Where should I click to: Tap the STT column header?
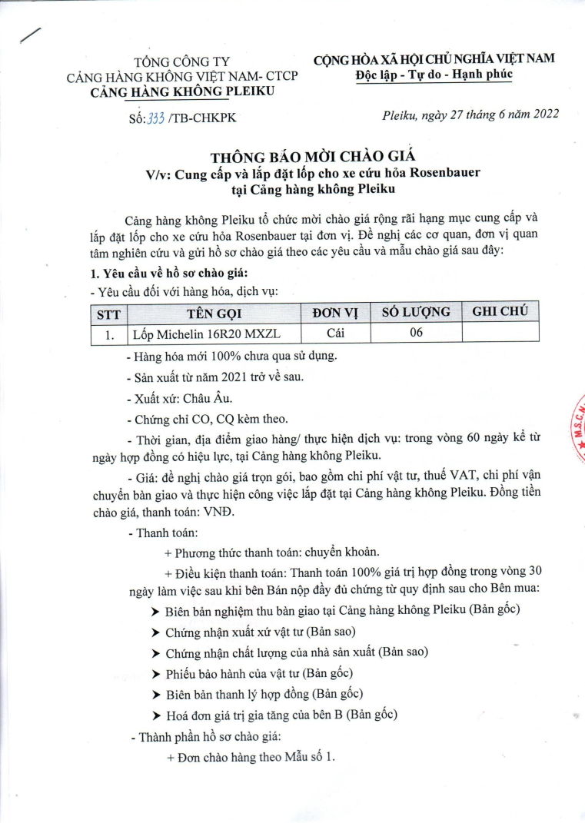click(x=106, y=314)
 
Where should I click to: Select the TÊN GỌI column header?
click(x=211, y=314)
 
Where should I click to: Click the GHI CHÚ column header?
click(x=499, y=312)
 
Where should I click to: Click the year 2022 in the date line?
click(x=543, y=114)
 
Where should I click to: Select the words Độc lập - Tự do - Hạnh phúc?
click(x=434, y=75)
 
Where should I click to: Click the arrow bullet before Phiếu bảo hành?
click(x=156, y=675)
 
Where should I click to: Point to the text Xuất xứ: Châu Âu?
click(x=178, y=399)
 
